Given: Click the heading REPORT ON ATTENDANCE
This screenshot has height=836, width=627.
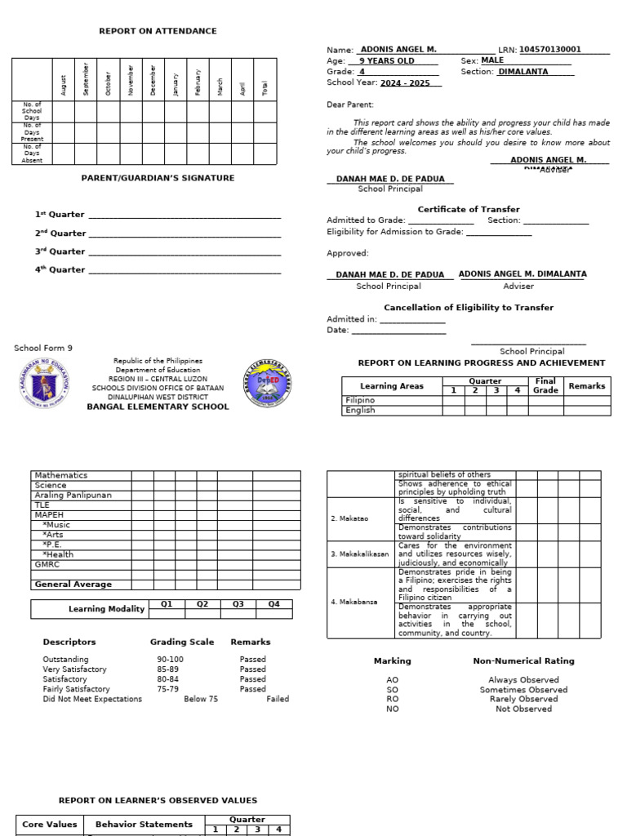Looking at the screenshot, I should click(158, 31).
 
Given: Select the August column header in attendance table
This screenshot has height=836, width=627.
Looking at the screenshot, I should click(64, 85).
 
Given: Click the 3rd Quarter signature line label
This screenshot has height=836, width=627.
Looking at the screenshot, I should click(60, 251).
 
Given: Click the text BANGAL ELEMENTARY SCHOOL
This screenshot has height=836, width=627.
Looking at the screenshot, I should click(158, 407).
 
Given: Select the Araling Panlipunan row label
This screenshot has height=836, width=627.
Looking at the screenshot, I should click(73, 495).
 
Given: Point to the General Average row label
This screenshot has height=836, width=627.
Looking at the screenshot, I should click(72, 584).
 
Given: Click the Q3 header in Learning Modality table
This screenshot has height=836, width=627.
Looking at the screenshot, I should click(238, 604).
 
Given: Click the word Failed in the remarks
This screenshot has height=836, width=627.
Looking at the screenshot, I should click(277, 699).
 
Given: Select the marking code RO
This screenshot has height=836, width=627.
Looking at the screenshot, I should click(392, 699).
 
